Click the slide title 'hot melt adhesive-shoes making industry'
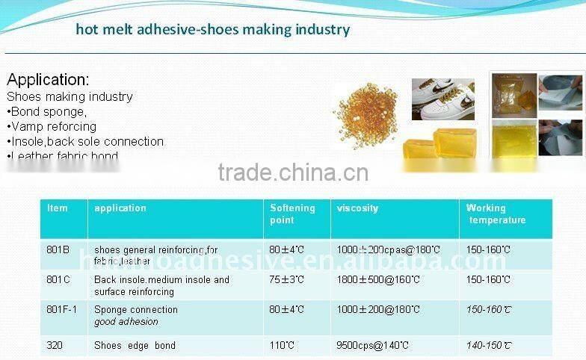[x=212, y=30]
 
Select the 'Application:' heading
[x=48, y=79]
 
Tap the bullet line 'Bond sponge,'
[x=47, y=111]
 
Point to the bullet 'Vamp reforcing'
[x=52, y=126]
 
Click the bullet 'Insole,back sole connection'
[x=85, y=141]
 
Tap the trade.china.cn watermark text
[x=293, y=173]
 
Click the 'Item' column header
[x=57, y=208]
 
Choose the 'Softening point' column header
[x=292, y=214]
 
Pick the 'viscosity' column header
[x=357, y=208]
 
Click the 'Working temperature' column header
[x=496, y=214]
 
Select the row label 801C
[x=58, y=279]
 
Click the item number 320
[x=55, y=345]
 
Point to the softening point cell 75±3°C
[x=287, y=279]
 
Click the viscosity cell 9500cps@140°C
[x=372, y=345]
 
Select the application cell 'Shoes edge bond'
[x=135, y=345]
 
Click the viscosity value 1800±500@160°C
[x=378, y=279]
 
